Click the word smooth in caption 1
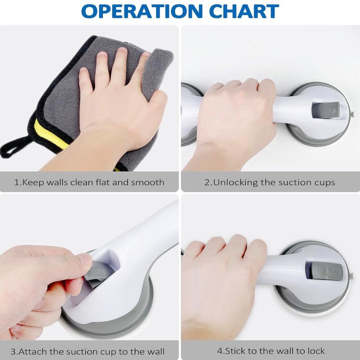[x=148, y=183]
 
